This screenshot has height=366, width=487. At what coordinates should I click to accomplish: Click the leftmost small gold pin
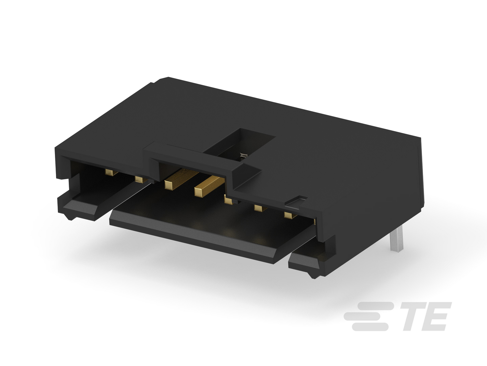coord(111,172)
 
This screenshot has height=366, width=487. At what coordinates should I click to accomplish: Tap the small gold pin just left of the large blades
coord(141,179)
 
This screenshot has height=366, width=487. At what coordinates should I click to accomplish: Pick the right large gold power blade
coord(209,186)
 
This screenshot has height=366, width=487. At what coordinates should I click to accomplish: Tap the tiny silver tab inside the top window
coord(244,155)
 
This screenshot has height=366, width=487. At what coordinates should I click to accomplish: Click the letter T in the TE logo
coord(413,316)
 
